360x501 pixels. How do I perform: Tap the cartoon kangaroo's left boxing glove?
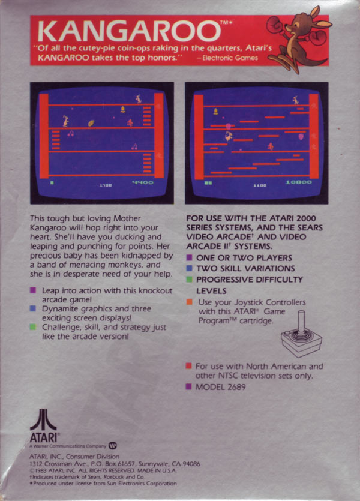click(275, 23)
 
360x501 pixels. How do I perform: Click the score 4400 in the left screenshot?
click(142, 182)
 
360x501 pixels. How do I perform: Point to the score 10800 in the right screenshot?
click(298, 182)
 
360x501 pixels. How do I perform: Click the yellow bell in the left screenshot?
click(122, 110)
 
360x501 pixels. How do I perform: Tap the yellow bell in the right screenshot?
click(215, 112)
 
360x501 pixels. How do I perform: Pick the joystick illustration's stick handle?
click(301, 322)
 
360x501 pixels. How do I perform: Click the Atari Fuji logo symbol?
click(43, 419)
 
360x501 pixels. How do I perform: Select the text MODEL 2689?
click(220, 387)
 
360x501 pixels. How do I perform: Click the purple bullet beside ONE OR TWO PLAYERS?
click(189, 257)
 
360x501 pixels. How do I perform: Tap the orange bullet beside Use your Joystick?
click(189, 302)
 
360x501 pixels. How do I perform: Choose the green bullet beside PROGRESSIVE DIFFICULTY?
click(189, 279)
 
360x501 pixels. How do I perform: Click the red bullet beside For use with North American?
click(189, 366)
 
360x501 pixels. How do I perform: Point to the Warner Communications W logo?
click(113, 445)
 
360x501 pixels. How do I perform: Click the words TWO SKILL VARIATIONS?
click(245, 268)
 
